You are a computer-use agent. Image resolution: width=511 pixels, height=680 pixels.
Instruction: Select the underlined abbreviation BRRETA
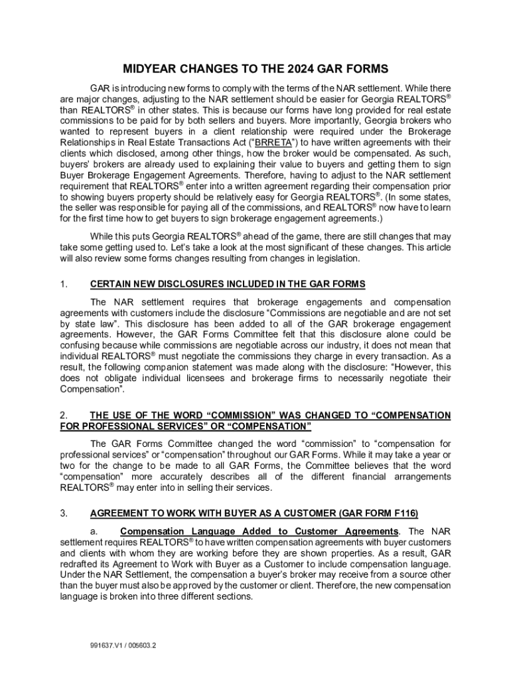coord(272,142)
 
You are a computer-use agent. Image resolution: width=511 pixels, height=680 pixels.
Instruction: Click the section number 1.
coord(63,284)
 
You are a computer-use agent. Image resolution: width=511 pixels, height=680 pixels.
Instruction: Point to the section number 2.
coord(63,415)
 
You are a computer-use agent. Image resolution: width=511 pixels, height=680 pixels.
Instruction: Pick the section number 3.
coord(63,513)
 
